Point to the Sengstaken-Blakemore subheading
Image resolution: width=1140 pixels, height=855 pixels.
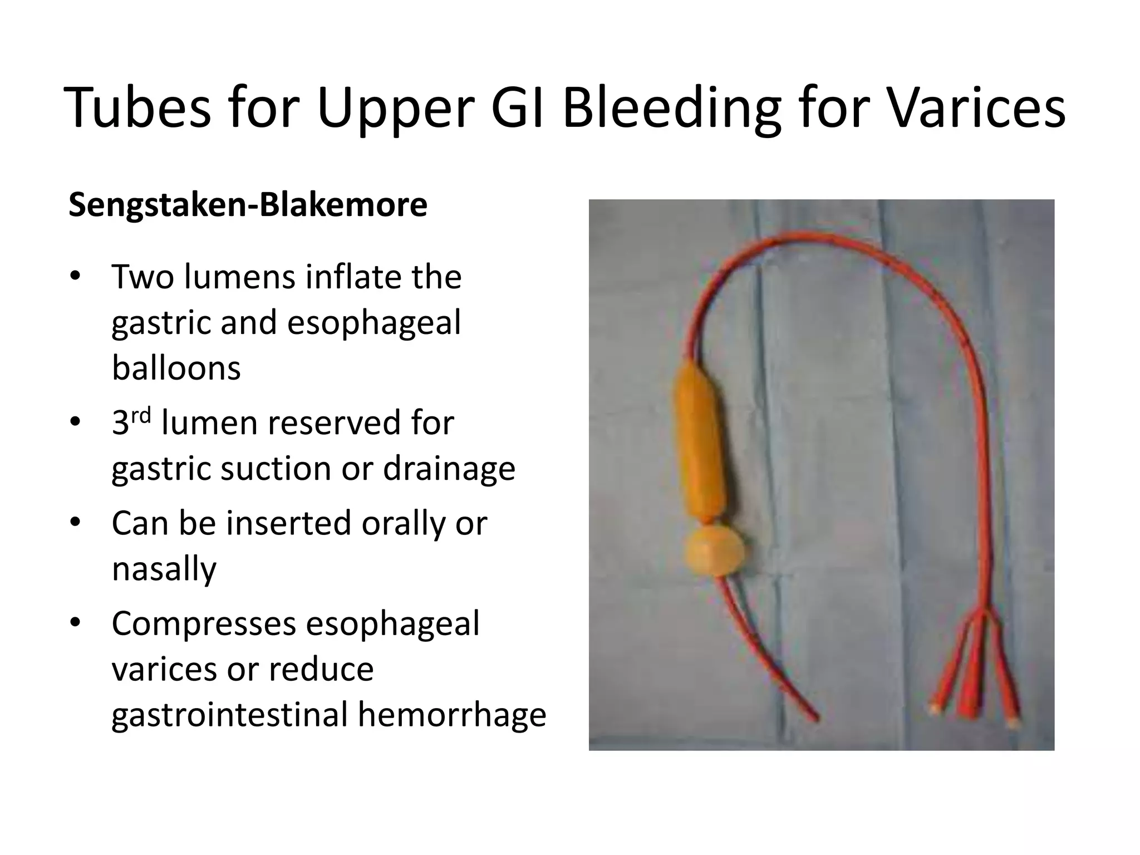248,205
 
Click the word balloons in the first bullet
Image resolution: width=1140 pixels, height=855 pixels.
176,368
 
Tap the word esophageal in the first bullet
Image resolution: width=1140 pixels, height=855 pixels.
374,323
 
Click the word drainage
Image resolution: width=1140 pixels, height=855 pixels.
449,468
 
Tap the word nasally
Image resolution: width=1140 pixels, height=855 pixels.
164,569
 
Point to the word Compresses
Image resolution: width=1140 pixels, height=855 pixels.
204,623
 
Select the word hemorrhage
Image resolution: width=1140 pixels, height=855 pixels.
452,714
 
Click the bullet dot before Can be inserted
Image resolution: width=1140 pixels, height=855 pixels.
76,524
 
